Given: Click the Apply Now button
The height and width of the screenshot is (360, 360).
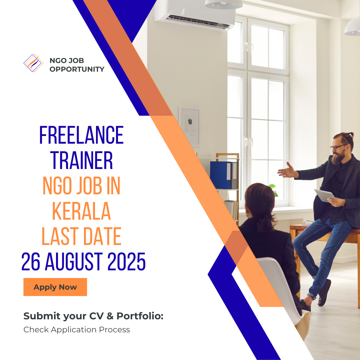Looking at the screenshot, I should [x=55, y=287].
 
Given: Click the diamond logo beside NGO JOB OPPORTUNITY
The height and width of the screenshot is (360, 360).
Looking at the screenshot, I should [x=33, y=63].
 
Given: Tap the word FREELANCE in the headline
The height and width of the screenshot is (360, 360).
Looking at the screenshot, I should [x=81, y=135].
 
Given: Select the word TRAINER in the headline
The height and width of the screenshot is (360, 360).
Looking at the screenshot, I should [x=82, y=160].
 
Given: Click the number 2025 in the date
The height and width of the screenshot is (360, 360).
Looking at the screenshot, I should [x=127, y=262].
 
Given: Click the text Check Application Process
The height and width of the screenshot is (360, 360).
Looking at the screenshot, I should [x=77, y=330].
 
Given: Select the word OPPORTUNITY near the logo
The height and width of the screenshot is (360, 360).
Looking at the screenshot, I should [x=77, y=69].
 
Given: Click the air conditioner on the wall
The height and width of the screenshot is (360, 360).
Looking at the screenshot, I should [x=195, y=15].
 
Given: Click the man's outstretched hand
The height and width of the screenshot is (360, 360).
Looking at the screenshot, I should [x=287, y=172].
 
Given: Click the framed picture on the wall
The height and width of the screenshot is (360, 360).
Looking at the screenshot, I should [x=189, y=126].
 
